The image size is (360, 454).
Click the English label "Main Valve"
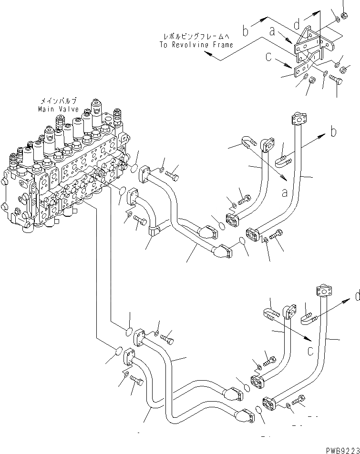tap(58, 109)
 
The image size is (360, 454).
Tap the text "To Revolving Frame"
tap(196, 45)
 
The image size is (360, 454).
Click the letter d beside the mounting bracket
tap(297, 23)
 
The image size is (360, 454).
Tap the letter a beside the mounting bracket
tap(272, 32)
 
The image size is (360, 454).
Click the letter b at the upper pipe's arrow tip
tap(334, 131)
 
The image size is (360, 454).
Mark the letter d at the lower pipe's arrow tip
tap(356, 296)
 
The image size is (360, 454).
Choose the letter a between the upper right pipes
tap(284, 193)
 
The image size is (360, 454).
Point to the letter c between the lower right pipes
tap(310, 352)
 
